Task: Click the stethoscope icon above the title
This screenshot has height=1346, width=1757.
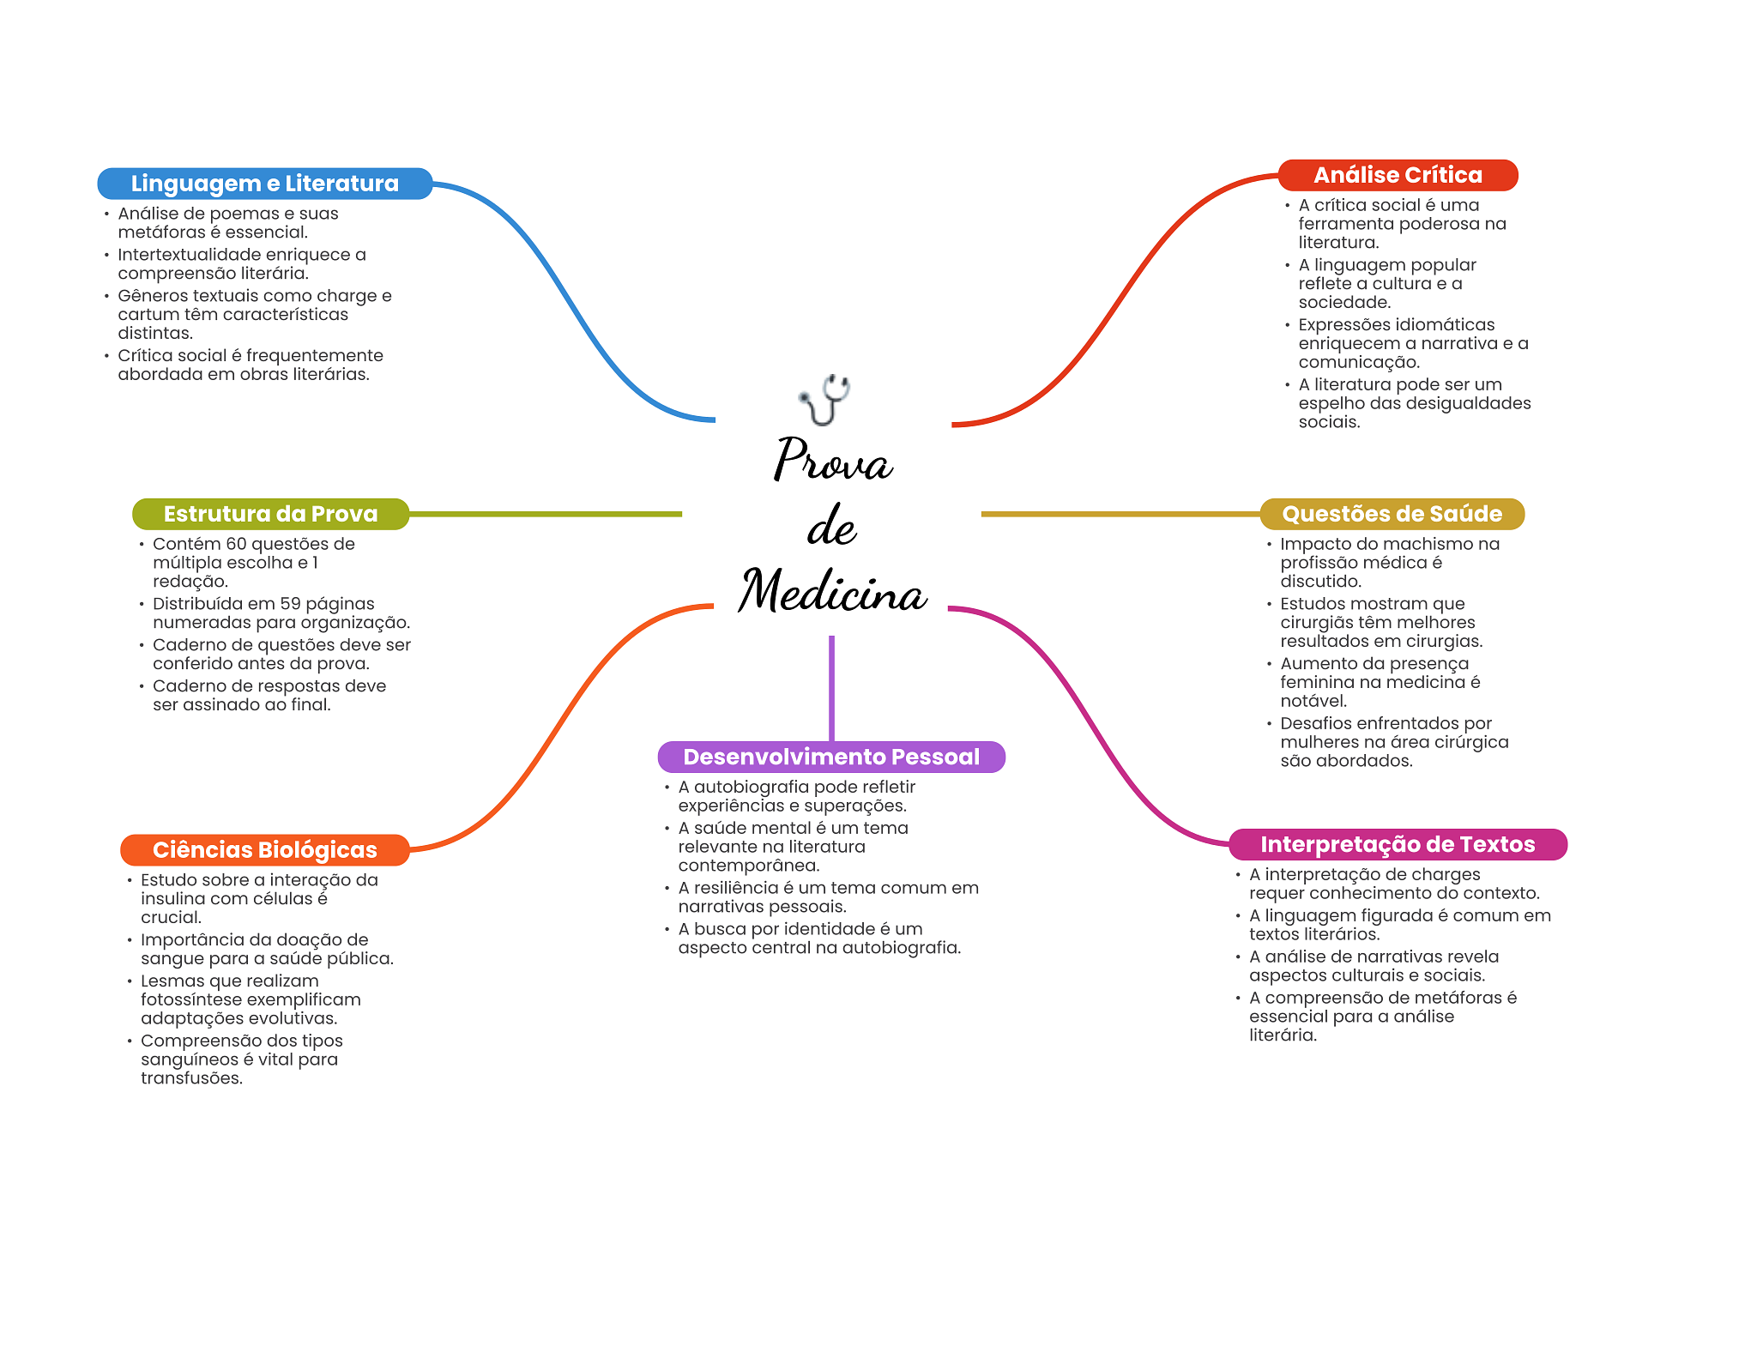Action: point(824,399)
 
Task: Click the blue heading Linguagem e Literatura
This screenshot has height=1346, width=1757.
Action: point(264,184)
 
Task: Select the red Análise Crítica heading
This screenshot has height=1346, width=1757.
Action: point(1398,175)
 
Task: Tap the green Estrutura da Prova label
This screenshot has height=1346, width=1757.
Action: point(270,514)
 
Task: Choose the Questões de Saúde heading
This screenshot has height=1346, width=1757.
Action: point(1392,514)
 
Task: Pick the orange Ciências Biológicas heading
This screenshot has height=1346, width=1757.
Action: point(264,849)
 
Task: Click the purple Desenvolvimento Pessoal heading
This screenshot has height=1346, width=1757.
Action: point(830,757)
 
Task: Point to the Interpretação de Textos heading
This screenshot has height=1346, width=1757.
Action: point(1397,844)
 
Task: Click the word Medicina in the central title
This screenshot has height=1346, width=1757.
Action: point(833,591)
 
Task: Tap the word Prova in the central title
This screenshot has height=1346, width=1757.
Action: point(833,460)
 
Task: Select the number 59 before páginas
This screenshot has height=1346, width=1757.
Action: point(290,604)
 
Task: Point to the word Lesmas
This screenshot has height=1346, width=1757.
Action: point(171,981)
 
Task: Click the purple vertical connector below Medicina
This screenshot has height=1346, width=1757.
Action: point(831,686)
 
